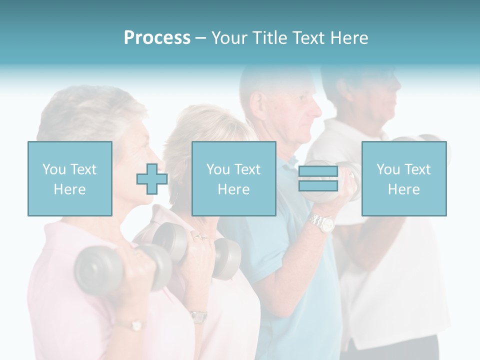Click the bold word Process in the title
pyautogui.click(x=157, y=38)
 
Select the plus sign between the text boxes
pyautogui.click(x=152, y=179)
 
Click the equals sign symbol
pyautogui.click(x=318, y=179)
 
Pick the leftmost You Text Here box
pyautogui.click(x=69, y=179)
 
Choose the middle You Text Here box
pyautogui.click(x=233, y=179)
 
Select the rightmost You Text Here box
pyautogui.click(x=403, y=179)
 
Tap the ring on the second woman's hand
pyautogui.click(x=201, y=236)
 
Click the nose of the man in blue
pyautogui.click(x=318, y=107)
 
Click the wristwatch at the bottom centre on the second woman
pyautogui.click(x=198, y=316)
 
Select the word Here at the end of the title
pyautogui.click(x=350, y=38)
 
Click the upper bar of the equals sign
pyautogui.click(x=318, y=171)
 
